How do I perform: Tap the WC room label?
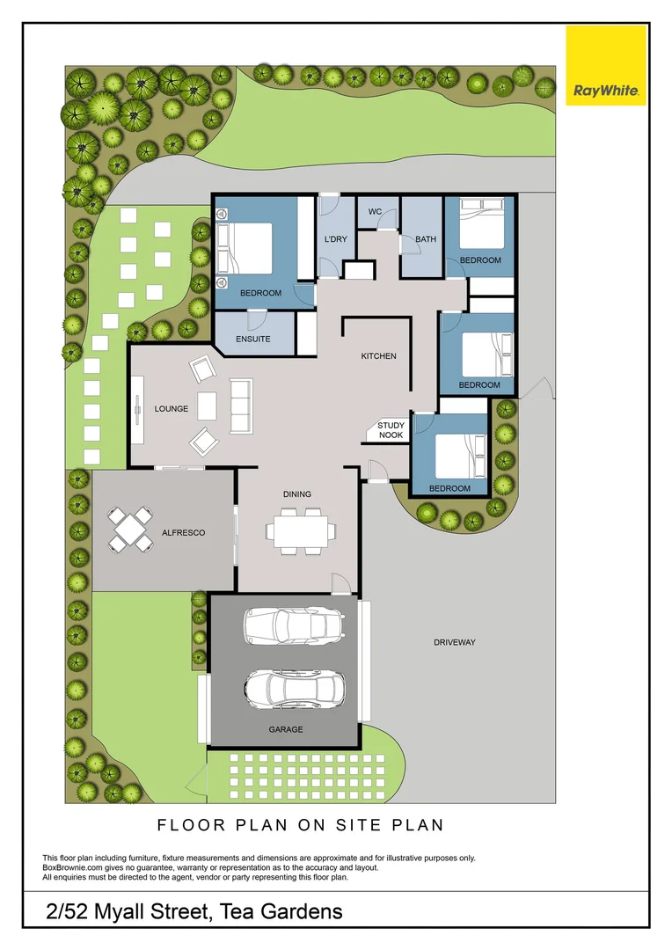[x=375, y=212]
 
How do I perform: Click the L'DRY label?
[x=335, y=240]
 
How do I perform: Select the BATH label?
[x=426, y=239]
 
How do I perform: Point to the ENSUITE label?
[x=252, y=339]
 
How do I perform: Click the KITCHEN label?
[x=378, y=356]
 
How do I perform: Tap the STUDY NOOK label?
[x=391, y=430]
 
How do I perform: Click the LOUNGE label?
[x=172, y=409]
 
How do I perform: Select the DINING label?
[x=296, y=494]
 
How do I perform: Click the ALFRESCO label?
[x=183, y=532]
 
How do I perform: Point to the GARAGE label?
[x=286, y=729]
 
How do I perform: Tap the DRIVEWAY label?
[x=454, y=642]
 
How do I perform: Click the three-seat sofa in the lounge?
[x=241, y=406]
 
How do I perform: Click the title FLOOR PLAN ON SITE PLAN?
[x=300, y=825]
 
